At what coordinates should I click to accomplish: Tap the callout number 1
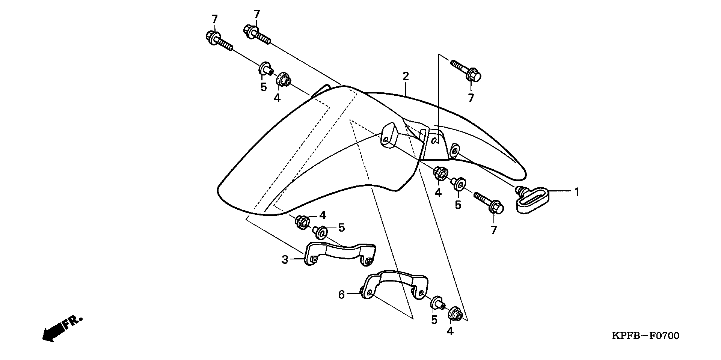[x=576, y=192]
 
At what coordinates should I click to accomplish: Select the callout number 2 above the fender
[x=405, y=76]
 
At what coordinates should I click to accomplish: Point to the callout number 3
[x=285, y=259]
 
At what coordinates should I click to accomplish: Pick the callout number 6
[x=341, y=295]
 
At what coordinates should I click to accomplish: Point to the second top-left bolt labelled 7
[x=257, y=33]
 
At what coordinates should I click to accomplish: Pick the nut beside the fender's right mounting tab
[x=440, y=174]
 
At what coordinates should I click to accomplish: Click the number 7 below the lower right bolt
[x=493, y=230]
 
